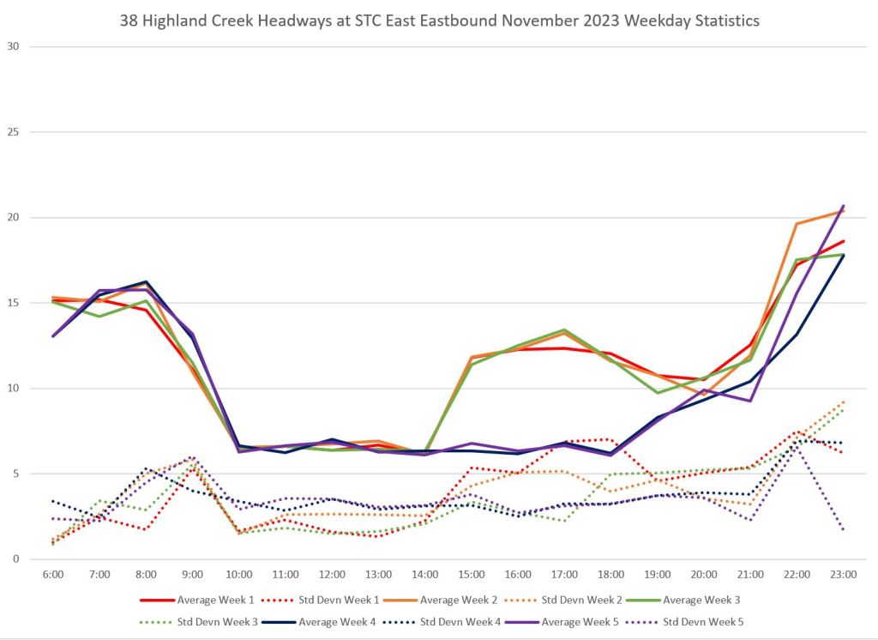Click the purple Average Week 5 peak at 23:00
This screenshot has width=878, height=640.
click(843, 206)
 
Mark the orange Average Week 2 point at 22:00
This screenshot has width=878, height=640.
click(797, 224)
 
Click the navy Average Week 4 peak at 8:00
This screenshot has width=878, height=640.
click(146, 281)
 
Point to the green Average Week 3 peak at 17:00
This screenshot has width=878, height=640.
click(564, 329)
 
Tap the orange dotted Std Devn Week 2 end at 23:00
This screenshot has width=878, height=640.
click(843, 402)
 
